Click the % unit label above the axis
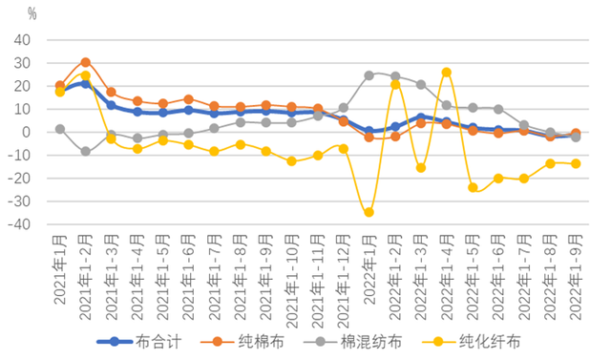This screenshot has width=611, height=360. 32,14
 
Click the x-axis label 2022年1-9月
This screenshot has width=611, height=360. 575,277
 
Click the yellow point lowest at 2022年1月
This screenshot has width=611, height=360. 369,212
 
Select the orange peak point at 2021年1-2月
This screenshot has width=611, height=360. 85,62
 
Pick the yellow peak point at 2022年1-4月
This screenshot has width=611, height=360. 446,72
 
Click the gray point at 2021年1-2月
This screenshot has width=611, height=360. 85,151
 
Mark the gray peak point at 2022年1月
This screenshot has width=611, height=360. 369,74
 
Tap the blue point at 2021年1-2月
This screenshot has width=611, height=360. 85,84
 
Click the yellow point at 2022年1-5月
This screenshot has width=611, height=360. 472,187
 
